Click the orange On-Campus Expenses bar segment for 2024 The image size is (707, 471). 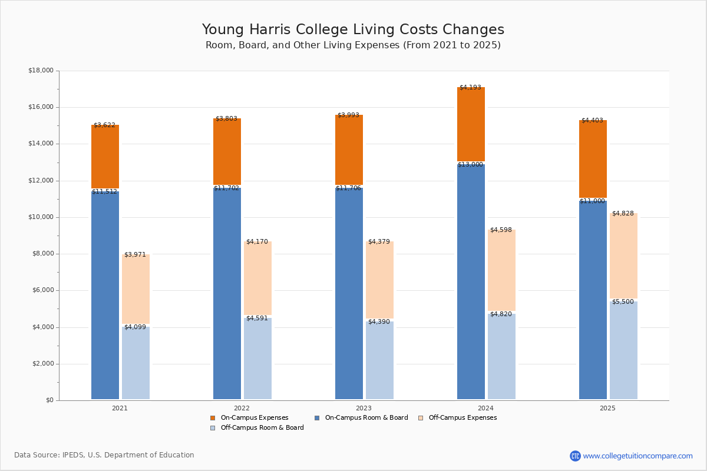(471, 125)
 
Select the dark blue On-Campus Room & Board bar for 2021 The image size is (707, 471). (105, 294)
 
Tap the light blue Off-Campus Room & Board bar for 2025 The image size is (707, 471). (623, 350)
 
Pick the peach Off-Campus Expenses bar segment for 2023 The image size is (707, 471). (379, 280)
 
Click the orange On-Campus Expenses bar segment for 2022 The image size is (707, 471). (227, 152)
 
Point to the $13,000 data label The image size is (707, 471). (470, 165)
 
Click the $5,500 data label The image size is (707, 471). (623, 302)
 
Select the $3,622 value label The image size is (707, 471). (105, 125)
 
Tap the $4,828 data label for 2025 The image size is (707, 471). (623, 214)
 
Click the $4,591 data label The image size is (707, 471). (257, 319)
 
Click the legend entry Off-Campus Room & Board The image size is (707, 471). (262, 428)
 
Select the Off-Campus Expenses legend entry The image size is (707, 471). (462, 418)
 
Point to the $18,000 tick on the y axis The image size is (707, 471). (41, 71)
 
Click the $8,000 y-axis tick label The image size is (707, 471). (41, 254)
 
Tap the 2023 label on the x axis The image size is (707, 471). (364, 408)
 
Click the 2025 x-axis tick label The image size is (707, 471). (607, 408)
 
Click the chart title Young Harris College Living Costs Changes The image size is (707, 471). (353, 30)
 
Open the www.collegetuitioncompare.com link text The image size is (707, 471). (637, 456)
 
